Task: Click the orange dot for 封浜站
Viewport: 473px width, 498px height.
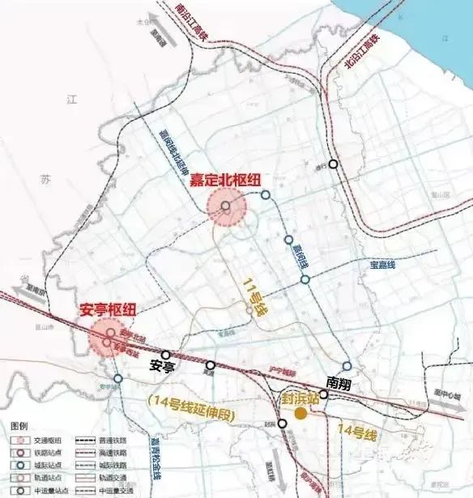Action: click(x=300, y=414)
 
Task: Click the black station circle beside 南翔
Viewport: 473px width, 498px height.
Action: click(x=323, y=394)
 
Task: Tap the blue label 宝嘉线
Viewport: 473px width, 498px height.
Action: click(x=381, y=265)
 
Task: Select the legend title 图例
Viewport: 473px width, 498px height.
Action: click(x=18, y=425)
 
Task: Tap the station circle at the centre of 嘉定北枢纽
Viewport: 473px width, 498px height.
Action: click(x=226, y=207)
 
